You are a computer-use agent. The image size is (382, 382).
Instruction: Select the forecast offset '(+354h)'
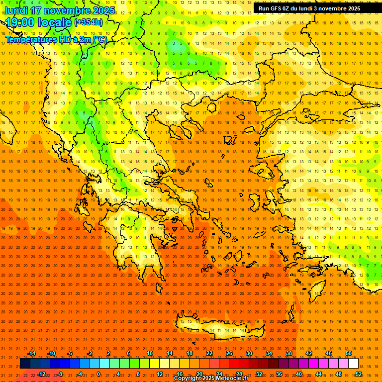coord(89,22)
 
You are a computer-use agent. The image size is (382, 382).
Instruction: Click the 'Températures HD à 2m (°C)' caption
coord(56,39)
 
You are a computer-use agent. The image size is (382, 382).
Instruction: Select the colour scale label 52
coord(359,374)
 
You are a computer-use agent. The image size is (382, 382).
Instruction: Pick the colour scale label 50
coord(349,353)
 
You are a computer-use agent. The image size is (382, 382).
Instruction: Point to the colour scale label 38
coord(288,353)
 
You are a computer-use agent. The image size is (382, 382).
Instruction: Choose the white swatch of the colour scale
coord(353,364)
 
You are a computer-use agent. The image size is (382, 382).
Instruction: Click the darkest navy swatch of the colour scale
coord(25,364)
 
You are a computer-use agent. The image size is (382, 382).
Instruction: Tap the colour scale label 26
coord(229,353)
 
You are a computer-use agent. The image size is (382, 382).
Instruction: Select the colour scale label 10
coord(149,353)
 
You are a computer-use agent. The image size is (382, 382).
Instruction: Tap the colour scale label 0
coord(98,374)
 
